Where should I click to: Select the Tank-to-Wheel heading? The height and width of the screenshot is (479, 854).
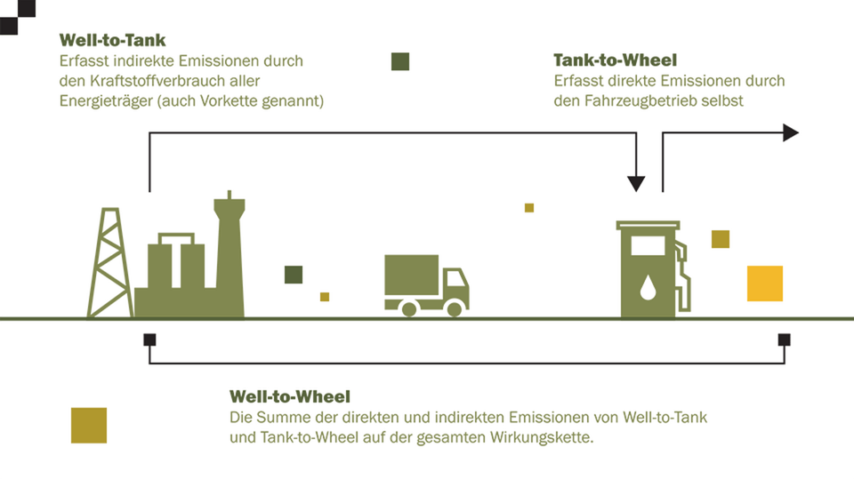click(x=615, y=60)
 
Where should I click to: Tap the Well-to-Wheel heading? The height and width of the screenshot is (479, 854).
click(x=290, y=396)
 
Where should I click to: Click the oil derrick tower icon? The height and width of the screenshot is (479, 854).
click(x=110, y=262)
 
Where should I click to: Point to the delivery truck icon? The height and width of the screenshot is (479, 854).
click(x=426, y=284)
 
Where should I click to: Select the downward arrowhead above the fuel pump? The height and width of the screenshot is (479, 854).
click(x=636, y=184)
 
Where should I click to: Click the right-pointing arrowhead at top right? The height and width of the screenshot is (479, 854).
click(x=790, y=132)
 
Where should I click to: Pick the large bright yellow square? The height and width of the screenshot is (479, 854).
click(x=765, y=283)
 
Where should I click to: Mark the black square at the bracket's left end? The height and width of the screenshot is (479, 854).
click(x=149, y=339)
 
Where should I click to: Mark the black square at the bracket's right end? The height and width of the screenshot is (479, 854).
click(x=784, y=339)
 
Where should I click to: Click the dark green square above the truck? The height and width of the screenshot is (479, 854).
click(x=400, y=61)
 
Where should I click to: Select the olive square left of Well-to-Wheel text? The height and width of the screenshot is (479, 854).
click(x=89, y=425)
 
